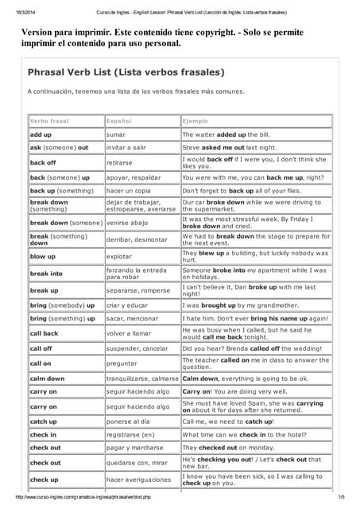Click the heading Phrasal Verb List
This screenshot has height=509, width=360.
[126, 72]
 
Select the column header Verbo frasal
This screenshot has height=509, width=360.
[49, 121]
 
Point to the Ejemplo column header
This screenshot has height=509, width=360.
[195, 121]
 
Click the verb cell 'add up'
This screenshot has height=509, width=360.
[41, 135]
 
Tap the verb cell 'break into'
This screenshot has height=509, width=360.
[46, 274]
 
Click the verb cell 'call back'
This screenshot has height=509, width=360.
[45, 333]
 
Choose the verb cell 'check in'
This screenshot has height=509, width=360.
[43, 435]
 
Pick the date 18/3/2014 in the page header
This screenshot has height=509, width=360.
[17, 12]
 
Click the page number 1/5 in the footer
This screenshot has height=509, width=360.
[341, 497]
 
